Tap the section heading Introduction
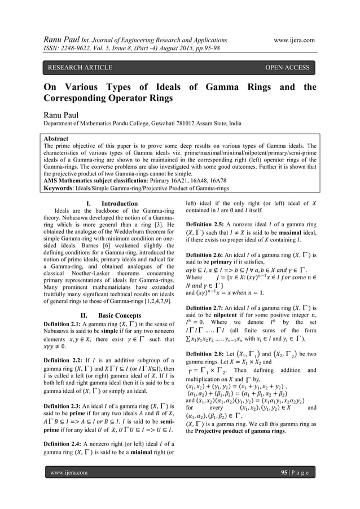(x=120, y=203)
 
